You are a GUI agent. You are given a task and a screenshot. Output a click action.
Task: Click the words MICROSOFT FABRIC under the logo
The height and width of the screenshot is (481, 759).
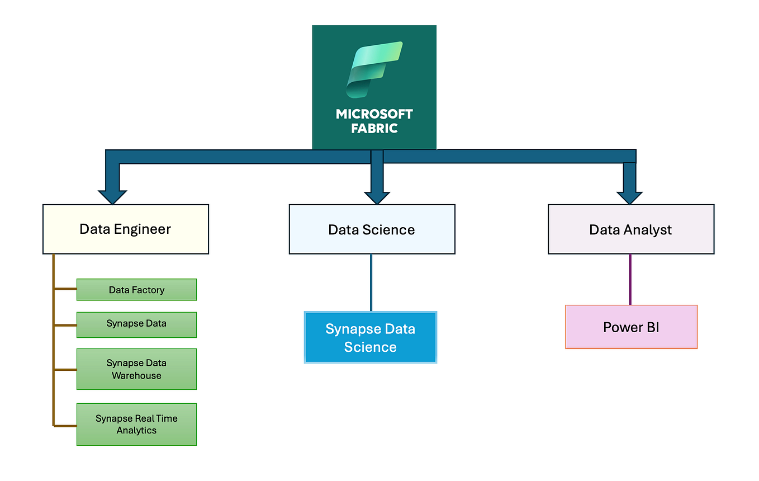pos(374,121)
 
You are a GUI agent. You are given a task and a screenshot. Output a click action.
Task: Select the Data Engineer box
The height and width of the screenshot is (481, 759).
pos(126,229)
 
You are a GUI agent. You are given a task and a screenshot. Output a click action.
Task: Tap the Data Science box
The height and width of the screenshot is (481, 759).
pos(372,230)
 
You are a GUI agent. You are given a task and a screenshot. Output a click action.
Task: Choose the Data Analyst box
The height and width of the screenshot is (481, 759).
pos(630,230)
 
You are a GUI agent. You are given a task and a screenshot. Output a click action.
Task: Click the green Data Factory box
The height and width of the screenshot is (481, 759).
pos(136,290)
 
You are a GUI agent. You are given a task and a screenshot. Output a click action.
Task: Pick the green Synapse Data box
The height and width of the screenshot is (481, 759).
pos(136,324)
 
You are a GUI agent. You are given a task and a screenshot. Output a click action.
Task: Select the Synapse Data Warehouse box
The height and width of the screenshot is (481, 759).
pos(136,369)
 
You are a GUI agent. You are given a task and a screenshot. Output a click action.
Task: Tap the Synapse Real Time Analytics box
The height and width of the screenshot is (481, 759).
pos(136,424)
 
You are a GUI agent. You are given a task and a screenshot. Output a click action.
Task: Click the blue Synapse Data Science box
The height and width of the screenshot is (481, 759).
pos(370,337)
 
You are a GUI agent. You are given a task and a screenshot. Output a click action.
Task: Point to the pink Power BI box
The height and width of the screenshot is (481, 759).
pos(631,327)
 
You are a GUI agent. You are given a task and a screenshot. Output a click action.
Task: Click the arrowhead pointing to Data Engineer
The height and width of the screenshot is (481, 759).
pos(112,196)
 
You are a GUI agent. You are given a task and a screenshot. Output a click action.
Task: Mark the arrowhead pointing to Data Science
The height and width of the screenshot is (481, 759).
pos(377,196)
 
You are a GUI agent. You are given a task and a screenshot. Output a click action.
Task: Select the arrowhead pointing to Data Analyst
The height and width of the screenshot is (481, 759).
pos(629,196)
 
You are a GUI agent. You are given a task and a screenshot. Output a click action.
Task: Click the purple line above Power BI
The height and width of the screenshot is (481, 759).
pos(630,280)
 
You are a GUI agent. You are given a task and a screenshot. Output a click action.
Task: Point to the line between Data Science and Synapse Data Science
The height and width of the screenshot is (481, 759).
pos(371,282)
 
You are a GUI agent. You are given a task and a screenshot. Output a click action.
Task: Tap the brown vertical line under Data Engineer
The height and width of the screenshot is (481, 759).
pos(54,341)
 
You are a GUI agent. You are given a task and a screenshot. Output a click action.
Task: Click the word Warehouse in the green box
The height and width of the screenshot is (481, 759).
pos(136,376)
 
